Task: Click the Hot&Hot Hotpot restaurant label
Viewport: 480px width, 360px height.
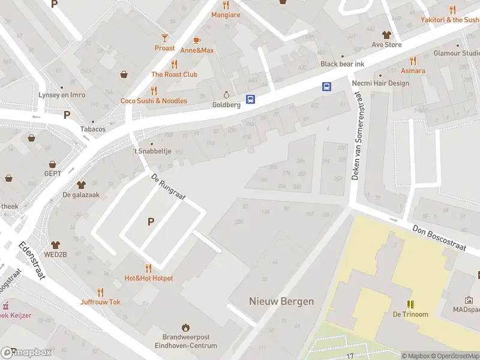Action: (148, 278)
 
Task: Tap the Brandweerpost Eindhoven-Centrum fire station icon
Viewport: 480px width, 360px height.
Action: (185, 328)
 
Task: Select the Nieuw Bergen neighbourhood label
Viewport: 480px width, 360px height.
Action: (281, 301)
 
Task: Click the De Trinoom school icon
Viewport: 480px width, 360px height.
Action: (410, 304)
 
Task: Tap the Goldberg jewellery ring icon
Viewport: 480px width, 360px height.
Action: (226, 95)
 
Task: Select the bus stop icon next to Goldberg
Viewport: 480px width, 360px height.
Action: (251, 100)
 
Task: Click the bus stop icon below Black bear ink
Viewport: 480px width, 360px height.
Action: (327, 86)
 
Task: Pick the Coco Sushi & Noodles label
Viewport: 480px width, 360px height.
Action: (154, 101)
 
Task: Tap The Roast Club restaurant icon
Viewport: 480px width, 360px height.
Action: (174, 64)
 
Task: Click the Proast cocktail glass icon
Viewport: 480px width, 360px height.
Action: (164, 38)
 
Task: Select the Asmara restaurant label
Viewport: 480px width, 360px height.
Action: (413, 71)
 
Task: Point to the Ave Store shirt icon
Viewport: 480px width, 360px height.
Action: (386, 35)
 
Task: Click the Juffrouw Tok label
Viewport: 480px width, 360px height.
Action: (100, 302)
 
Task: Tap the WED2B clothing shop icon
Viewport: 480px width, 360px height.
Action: (56, 245)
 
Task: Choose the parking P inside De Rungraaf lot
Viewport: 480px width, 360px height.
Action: (151, 222)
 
